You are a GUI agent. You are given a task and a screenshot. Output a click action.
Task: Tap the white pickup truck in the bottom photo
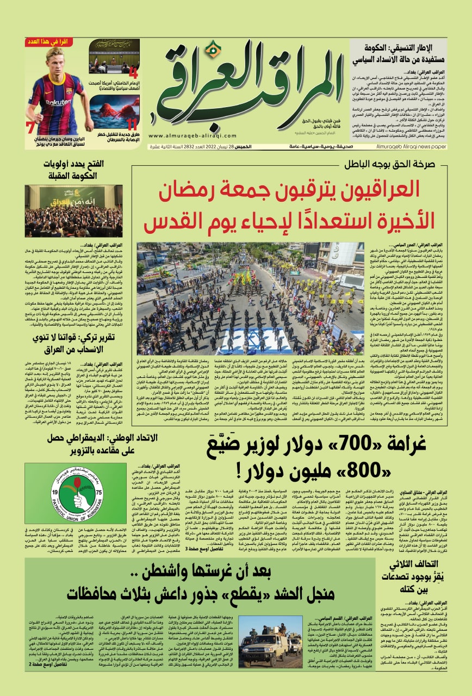[265, 646]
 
